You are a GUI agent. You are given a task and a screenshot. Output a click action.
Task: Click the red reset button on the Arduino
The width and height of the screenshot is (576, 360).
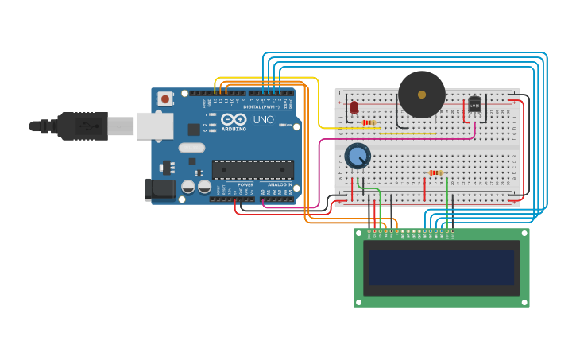[164, 99]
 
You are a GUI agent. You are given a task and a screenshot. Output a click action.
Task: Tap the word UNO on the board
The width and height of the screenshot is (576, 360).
[264, 120]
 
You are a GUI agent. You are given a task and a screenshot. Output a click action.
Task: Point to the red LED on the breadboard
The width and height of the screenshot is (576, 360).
[354, 106]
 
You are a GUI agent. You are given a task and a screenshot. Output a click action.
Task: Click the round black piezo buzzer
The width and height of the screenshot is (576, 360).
[421, 95]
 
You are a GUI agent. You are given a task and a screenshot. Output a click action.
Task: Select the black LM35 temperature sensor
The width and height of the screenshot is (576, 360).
[474, 105]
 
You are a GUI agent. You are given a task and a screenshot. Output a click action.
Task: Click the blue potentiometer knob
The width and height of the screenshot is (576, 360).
[358, 155]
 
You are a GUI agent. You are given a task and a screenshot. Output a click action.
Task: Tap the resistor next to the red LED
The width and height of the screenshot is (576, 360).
[368, 122]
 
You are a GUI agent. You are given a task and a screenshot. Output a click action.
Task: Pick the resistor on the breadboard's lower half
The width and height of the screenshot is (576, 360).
[435, 172]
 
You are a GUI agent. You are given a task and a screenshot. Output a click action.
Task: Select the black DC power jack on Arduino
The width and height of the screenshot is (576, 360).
[159, 189]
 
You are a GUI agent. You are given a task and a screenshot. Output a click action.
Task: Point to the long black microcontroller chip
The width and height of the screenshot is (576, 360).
[252, 168]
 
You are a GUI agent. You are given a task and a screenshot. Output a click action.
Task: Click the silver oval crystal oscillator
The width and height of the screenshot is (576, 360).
[191, 148]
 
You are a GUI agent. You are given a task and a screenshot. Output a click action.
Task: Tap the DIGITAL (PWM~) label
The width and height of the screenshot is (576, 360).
[261, 106]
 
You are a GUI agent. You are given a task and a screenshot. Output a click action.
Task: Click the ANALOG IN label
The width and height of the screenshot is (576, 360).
[276, 185]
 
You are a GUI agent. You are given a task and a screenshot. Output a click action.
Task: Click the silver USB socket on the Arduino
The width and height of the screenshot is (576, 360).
[154, 126]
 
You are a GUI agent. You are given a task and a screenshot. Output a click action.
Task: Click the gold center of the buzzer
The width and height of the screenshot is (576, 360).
[421, 95]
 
